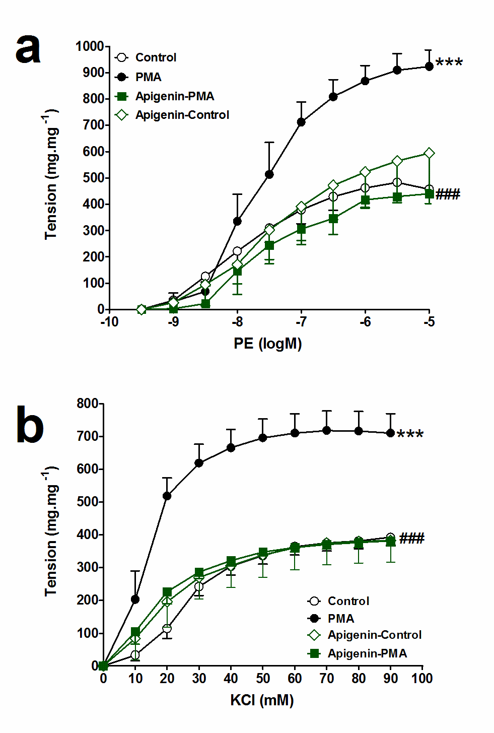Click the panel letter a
pyautogui.click(x=28, y=49)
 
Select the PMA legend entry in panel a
pyautogui.click(x=148, y=77)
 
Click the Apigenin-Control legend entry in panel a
pyautogui.click(x=182, y=115)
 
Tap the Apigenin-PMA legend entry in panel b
pyautogui.click(x=367, y=653)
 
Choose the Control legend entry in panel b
pyautogui.click(x=348, y=601)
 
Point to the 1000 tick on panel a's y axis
pyautogui.click(x=90, y=46)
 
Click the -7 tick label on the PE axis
pyautogui.click(x=301, y=322)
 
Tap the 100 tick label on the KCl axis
pyautogui.click(x=422, y=679)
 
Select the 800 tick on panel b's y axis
pyautogui.click(x=88, y=404)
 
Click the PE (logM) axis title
pyautogui.click(x=267, y=344)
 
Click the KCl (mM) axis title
pyautogui.click(x=262, y=700)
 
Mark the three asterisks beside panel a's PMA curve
pyautogui.click(x=449, y=63)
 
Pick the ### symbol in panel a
pyautogui.click(x=448, y=194)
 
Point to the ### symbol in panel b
pyautogui.click(x=412, y=539)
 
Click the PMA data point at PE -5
pyautogui.click(x=429, y=66)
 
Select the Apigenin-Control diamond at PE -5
pyautogui.click(x=429, y=153)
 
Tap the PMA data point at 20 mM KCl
pyautogui.click(x=167, y=496)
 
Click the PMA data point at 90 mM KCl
pyautogui.click(x=390, y=433)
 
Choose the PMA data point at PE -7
pyautogui.click(x=301, y=122)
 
